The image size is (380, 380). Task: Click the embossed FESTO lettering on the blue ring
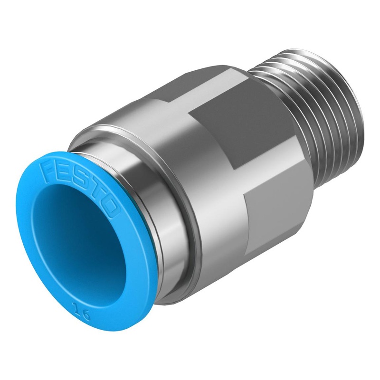point(78,183)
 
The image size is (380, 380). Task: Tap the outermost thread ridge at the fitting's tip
point(342,123)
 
